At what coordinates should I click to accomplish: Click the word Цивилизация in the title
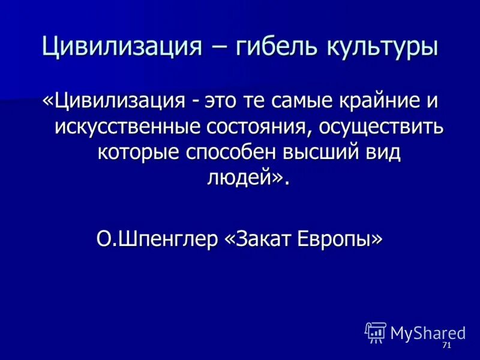[119, 46]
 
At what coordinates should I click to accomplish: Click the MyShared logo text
[428, 332]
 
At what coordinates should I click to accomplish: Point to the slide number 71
[446, 346]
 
